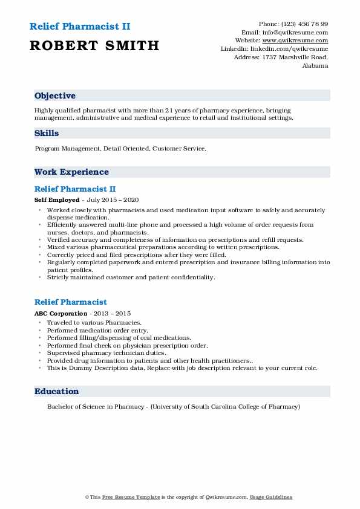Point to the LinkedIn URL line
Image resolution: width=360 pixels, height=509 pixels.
click(275, 49)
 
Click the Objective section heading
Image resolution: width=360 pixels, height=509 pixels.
click(55, 96)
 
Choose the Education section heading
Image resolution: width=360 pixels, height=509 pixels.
click(57, 392)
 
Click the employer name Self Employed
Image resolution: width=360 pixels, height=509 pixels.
click(57, 199)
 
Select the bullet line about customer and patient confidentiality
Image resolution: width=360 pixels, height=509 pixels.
click(130, 277)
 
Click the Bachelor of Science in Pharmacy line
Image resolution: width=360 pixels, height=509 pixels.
click(173, 407)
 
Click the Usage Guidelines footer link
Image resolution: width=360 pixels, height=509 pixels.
click(272, 498)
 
